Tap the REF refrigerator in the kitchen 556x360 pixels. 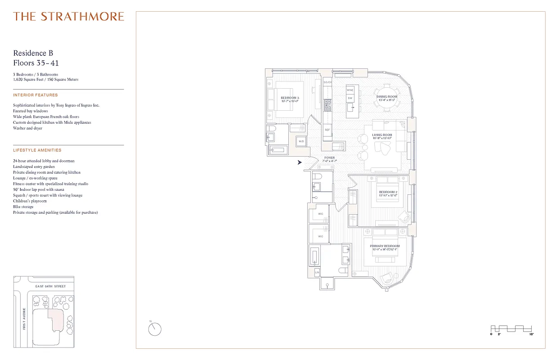pos(327,130)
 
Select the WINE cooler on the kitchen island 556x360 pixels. pos(350,90)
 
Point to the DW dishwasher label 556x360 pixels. pos(350,98)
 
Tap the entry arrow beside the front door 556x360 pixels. pos(300,162)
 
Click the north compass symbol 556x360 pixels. pos(154,329)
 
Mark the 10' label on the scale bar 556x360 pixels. pos(531,335)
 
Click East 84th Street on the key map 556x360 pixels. pos(50,286)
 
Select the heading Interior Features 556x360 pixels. pos(36,95)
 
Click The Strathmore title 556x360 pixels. pos(68,17)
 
